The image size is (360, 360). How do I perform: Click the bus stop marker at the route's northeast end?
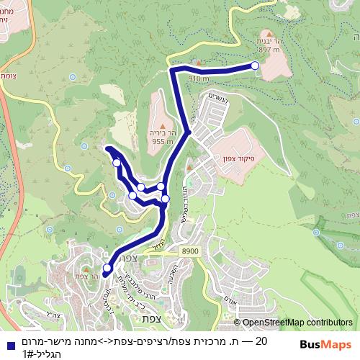click(255, 66)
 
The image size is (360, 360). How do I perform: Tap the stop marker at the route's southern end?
click(107, 269)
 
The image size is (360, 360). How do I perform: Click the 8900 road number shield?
click(191, 250)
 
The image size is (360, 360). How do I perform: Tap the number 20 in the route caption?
click(261, 341)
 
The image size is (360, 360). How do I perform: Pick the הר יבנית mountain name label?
click(270, 42)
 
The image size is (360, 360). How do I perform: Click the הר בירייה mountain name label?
click(164, 133)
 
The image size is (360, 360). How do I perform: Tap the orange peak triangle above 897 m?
click(269, 33)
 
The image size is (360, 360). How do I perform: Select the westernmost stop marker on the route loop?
click(117, 163)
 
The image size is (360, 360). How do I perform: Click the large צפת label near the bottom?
click(151, 318)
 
